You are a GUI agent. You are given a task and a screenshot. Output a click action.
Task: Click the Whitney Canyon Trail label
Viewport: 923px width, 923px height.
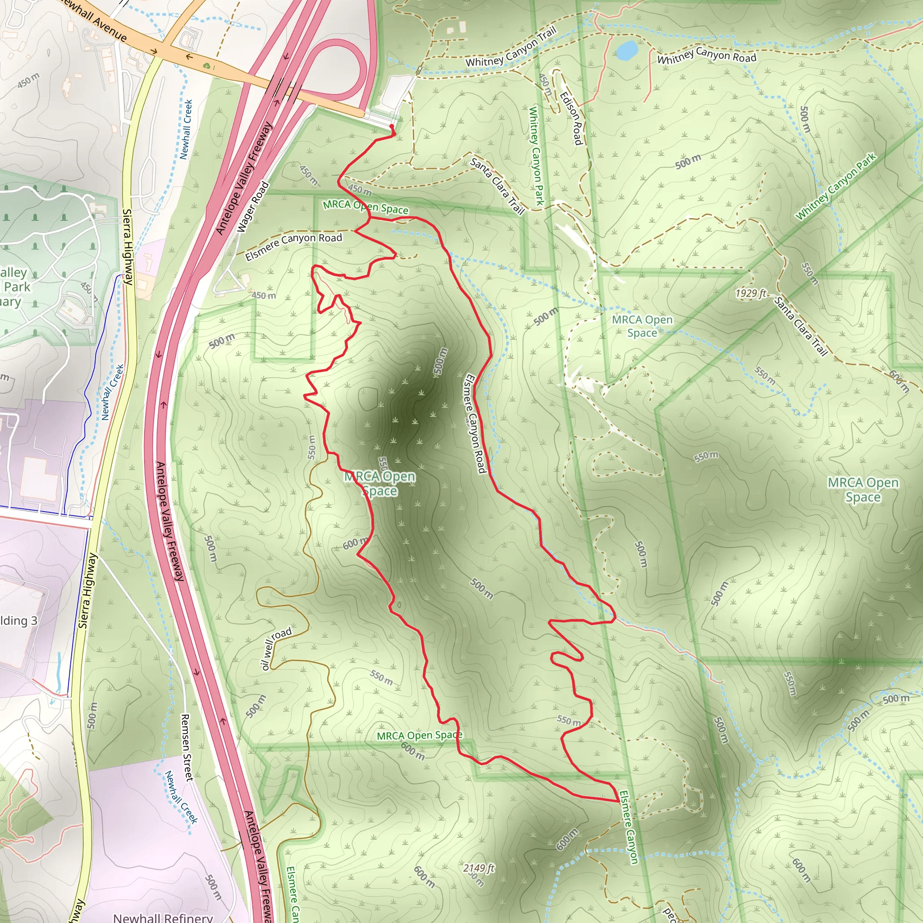pos(511,48)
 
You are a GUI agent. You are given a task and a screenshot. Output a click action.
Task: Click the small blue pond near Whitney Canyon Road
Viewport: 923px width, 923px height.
pos(626,50)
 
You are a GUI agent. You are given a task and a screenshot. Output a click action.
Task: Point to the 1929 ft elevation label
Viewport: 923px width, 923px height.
pos(750,293)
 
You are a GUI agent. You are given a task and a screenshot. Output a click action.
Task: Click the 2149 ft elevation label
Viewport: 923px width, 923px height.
pos(479,868)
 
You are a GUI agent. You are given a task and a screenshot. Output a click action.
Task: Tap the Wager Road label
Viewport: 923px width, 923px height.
pos(253,207)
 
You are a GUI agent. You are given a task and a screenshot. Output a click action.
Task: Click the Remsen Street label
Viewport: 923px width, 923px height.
pos(187,748)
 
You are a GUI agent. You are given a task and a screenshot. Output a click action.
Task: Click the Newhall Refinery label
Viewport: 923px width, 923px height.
pos(163,917)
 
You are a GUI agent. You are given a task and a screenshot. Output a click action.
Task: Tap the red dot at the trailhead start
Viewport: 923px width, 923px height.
pos(392,127)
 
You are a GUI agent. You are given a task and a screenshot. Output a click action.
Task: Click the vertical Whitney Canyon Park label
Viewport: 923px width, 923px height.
pos(536,156)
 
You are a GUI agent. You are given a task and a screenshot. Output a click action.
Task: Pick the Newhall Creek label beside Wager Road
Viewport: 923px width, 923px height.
pos(185,129)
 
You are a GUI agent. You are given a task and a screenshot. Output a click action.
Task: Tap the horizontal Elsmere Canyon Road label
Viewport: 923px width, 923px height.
pos(293,246)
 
